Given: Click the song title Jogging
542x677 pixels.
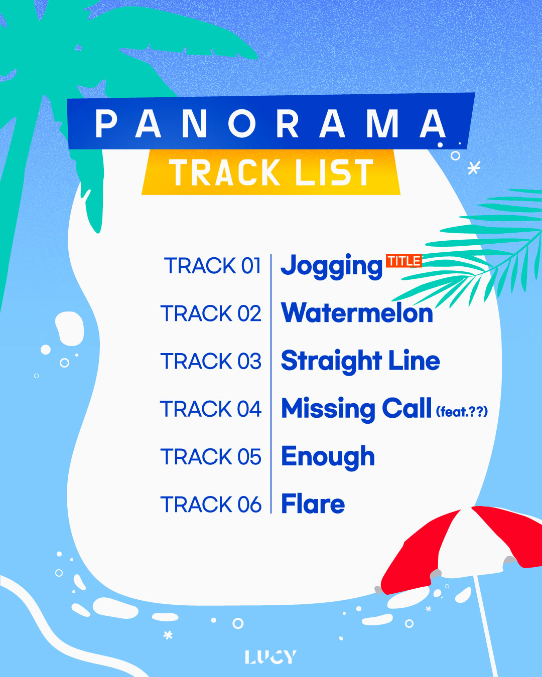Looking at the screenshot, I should [x=331, y=266].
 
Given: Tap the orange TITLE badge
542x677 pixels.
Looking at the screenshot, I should [x=404, y=261].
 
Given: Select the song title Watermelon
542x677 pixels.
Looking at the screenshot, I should [x=357, y=313].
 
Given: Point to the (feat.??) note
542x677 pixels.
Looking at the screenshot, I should [x=462, y=412].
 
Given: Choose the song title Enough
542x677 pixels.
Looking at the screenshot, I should [x=328, y=457].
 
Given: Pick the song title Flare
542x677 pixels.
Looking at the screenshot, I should [x=313, y=504].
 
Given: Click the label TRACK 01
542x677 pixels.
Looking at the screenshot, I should [x=212, y=266].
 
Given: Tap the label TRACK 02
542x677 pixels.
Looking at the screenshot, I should [x=211, y=313].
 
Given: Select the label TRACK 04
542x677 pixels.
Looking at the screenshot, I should [x=211, y=409].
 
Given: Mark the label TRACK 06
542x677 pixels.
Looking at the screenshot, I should [x=211, y=504].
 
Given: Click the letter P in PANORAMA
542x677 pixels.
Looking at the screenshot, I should [x=106, y=124].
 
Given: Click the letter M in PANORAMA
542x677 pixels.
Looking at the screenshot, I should [x=382, y=124].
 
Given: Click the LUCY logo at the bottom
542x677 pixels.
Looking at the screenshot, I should [x=270, y=657].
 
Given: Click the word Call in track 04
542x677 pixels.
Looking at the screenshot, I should [x=406, y=408].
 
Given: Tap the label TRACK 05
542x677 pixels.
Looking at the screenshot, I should [x=211, y=457].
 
